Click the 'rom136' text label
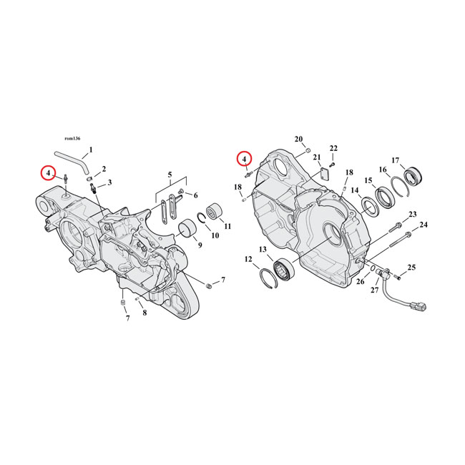72,139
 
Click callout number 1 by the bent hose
91,150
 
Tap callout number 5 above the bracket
170,175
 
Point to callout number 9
200,245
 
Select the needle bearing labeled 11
212,212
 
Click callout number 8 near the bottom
145,313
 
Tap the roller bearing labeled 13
284,268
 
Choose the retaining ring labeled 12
268,278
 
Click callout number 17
396,160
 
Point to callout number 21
317,157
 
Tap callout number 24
424,225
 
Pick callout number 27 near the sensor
375,290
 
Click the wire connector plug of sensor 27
418,305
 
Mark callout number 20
298,139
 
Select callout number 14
355,190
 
